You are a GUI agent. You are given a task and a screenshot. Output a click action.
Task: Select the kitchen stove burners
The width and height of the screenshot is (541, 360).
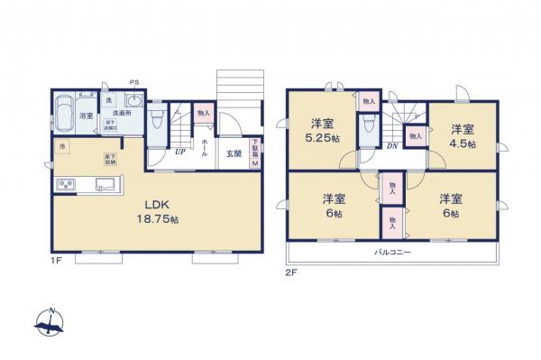68,187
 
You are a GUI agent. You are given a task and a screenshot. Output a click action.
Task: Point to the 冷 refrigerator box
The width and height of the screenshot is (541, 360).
63,147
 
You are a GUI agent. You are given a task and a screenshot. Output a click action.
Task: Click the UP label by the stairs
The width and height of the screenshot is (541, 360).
180,152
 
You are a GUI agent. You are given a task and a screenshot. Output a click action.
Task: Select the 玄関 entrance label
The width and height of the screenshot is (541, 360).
233,152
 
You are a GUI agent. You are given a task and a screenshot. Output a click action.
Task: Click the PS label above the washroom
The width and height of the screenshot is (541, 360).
134,83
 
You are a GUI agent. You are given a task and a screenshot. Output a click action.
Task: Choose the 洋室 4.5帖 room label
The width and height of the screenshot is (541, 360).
463,134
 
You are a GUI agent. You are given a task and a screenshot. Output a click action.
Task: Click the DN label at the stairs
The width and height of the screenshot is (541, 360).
392,145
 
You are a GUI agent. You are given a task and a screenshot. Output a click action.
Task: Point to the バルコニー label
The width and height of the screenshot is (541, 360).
393,253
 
